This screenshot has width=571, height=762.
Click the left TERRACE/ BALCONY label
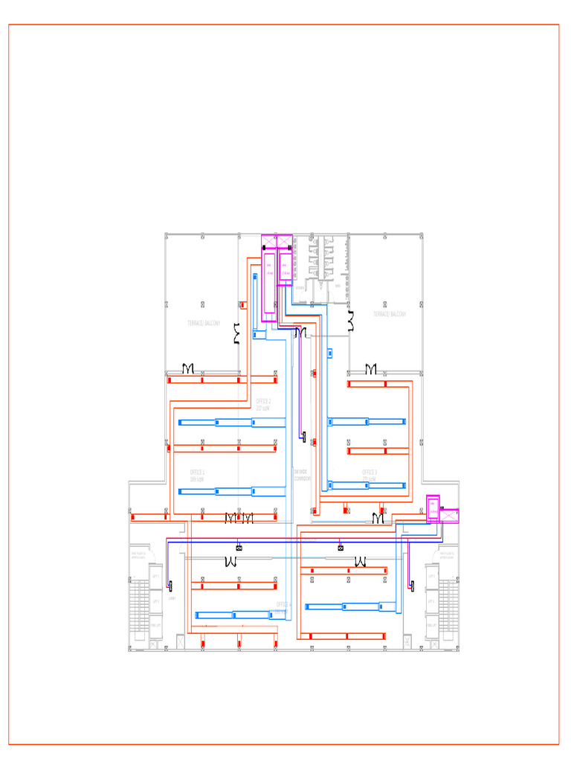pos(204,323)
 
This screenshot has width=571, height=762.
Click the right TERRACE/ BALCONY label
pos(390,314)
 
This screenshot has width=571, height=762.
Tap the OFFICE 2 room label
pos(263,404)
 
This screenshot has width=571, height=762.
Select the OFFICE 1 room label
pos(198,475)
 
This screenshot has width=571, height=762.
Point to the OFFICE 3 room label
pos(370,475)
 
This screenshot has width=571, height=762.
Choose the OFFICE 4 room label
pos(284,606)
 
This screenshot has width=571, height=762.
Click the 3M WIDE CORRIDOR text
pos(302,475)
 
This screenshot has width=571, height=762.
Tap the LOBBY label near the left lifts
pos(172,598)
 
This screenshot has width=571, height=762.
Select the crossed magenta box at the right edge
pos(450,515)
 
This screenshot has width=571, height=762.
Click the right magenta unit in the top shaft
pos(285,269)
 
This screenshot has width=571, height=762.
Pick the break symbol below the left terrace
pos(188,369)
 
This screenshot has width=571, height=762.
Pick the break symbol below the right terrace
pos(370,369)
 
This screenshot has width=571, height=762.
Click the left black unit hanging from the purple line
pos(238,548)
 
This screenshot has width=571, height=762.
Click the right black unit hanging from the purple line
pos(341,548)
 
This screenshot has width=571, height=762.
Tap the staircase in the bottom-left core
pos(139,606)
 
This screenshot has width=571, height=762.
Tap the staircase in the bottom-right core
pos(448,606)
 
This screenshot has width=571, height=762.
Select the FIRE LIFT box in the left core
pos(155,625)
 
